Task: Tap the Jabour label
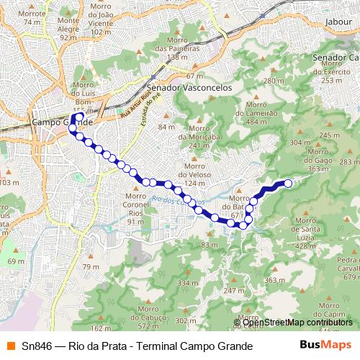click(x=338, y=22)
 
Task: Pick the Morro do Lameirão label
click(x=261, y=112)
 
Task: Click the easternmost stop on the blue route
click(x=288, y=183)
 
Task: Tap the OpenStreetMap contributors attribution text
click(x=292, y=323)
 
